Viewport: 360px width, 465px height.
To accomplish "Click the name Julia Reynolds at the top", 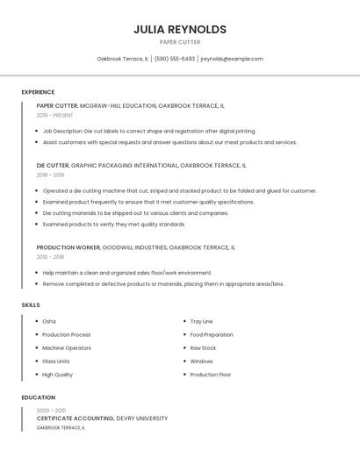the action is tap(180, 29).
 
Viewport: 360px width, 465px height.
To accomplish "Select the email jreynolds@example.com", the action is tap(232, 59).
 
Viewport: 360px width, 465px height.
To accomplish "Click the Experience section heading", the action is tap(38, 92).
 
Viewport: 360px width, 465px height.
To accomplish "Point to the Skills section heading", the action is tap(31, 304).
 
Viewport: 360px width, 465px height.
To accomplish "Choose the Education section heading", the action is tap(38, 397).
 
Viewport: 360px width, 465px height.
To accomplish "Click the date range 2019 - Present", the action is tap(55, 115).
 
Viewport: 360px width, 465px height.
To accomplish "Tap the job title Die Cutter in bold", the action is tap(53, 165).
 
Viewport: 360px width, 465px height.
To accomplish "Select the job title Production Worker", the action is tap(68, 247).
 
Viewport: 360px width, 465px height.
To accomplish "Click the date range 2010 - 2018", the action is tap(50, 257).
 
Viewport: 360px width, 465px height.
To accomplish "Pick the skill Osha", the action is tap(49, 321).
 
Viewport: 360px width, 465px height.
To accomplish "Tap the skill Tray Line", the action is tap(201, 321).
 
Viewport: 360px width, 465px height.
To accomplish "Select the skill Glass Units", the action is tap(56, 361).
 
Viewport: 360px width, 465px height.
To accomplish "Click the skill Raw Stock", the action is tap(203, 347).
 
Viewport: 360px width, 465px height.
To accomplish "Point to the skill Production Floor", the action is tap(211, 375).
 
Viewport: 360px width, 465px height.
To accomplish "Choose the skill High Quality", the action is tap(58, 375).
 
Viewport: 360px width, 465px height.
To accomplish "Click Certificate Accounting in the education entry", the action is tap(76, 418).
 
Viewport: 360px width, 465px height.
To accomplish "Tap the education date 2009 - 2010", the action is tap(51, 410).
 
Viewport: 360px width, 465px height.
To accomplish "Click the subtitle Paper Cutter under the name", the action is tap(180, 42).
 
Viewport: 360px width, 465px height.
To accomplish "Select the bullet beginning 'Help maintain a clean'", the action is tap(127, 273).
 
